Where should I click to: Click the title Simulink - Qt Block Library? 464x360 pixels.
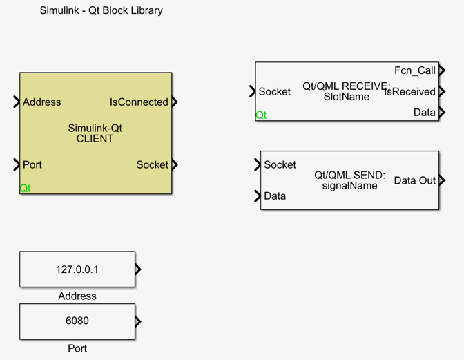pyautogui.click(x=101, y=10)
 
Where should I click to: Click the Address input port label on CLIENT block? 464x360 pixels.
pyautogui.click(x=41, y=102)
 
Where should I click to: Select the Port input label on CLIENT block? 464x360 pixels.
pyautogui.click(x=32, y=164)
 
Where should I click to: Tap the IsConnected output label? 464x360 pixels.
pyautogui.click(x=139, y=102)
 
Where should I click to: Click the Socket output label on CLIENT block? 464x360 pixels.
pyautogui.click(x=152, y=164)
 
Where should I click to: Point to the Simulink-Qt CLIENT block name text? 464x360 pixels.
pyautogui.click(x=95, y=133)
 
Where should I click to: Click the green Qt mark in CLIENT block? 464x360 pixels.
pyautogui.click(x=25, y=188)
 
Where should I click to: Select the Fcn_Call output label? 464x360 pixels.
pyautogui.click(x=414, y=70)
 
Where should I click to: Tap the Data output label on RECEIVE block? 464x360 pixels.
pyautogui.click(x=424, y=112)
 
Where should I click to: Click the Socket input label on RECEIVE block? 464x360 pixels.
pyautogui.click(x=274, y=91)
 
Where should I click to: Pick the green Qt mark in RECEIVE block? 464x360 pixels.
pyautogui.click(x=261, y=115)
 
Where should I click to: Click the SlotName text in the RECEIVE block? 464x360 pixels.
pyautogui.click(x=346, y=97)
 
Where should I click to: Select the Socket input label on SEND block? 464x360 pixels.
pyautogui.click(x=280, y=164)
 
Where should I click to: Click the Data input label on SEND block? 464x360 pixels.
pyautogui.click(x=274, y=196)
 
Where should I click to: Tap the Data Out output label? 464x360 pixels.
pyautogui.click(x=414, y=180)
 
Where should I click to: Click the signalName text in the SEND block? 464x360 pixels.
pyautogui.click(x=349, y=185)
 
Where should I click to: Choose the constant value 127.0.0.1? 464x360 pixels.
pyautogui.click(x=77, y=269)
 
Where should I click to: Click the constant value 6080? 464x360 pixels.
pyautogui.click(x=77, y=321)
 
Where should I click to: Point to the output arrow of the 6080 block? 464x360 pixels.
pyautogui.click(x=138, y=321)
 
